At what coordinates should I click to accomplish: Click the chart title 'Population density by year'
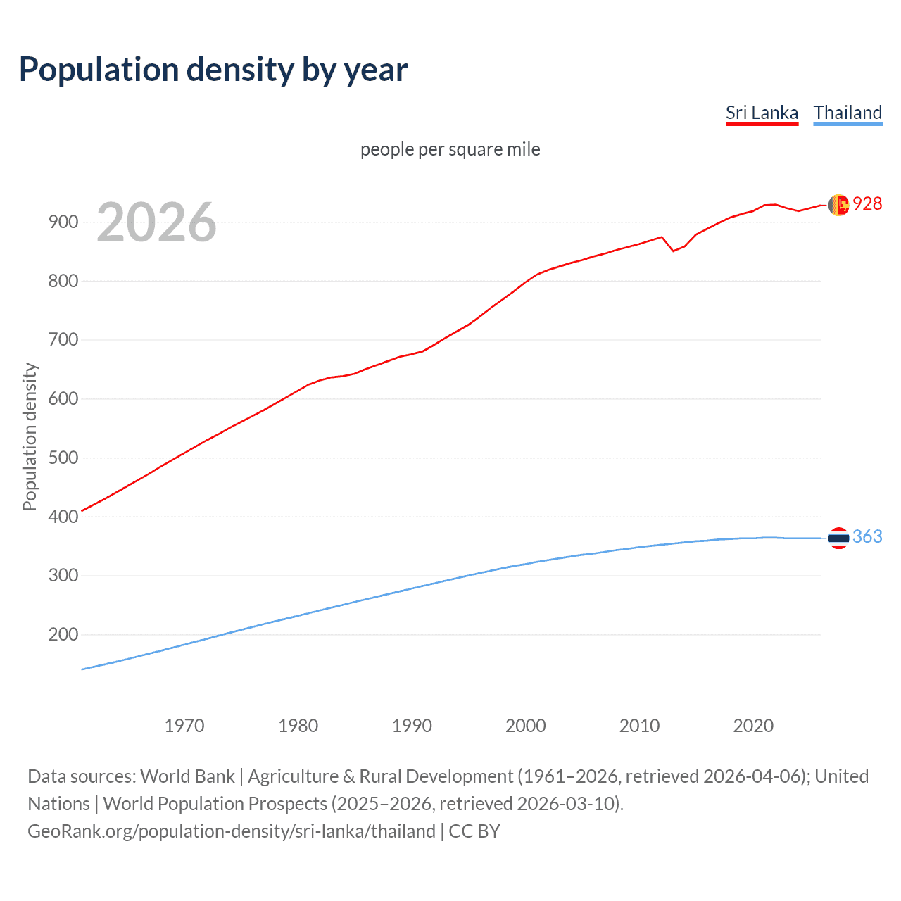[x=213, y=70]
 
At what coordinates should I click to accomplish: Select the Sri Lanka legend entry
[x=762, y=113]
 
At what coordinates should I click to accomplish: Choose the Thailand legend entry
[x=848, y=113]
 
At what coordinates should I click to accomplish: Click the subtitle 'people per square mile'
[x=450, y=149]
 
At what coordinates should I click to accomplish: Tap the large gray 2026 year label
[x=156, y=222]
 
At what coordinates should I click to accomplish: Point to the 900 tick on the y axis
[x=63, y=222]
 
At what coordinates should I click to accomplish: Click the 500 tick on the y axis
[x=63, y=458]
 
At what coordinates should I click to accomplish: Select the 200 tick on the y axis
[x=63, y=635]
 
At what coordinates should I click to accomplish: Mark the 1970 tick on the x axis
[x=184, y=726]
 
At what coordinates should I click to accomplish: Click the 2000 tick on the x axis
[x=526, y=726]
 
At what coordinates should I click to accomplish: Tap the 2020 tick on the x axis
[x=753, y=726]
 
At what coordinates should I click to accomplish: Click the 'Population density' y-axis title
[x=30, y=436]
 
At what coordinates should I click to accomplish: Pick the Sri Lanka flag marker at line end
[x=838, y=205]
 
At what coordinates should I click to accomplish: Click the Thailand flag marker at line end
[x=838, y=538]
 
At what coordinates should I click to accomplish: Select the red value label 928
[x=867, y=203]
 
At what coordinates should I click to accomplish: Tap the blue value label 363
[x=867, y=537]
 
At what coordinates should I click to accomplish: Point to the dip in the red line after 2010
[x=673, y=251]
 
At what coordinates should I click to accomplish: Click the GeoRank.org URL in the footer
[x=232, y=831]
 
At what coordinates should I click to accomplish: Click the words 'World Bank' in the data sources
[x=187, y=776]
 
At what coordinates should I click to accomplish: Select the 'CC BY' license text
[x=474, y=831]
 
